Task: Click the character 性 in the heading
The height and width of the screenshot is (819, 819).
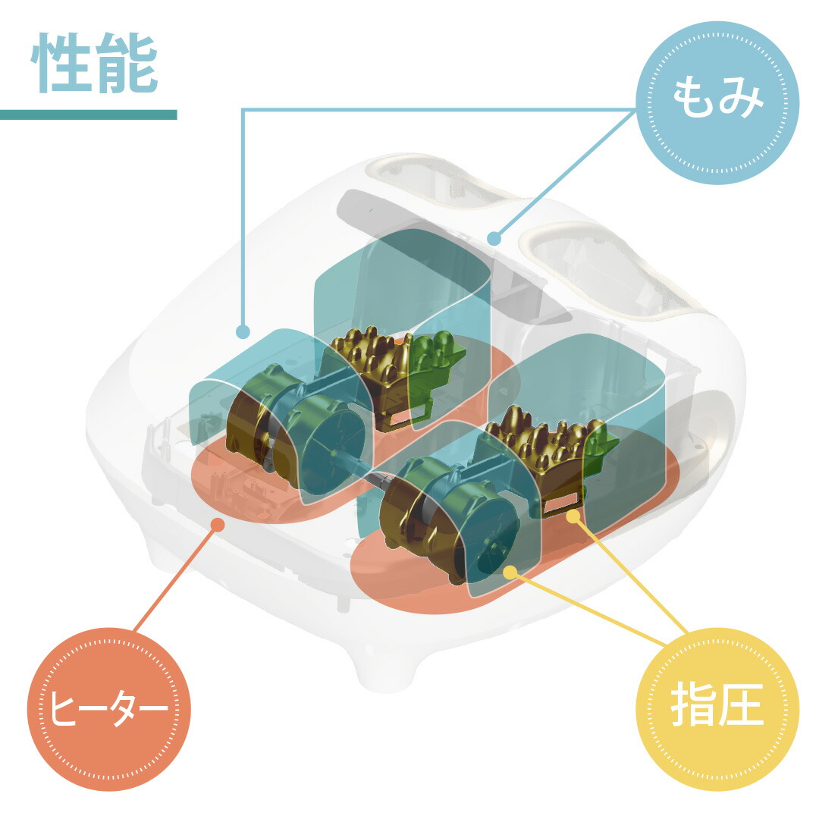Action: point(61,63)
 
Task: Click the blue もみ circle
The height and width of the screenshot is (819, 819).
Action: point(717,103)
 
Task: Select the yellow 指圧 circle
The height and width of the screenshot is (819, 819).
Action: point(717,709)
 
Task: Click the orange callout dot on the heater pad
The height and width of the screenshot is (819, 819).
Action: point(218,525)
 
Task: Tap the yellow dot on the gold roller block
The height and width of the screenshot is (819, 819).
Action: point(573,516)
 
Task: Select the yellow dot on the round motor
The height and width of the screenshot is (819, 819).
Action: point(510,572)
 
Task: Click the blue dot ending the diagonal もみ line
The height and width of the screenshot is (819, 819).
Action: point(494,239)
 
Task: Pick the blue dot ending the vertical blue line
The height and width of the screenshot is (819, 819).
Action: point(243,331)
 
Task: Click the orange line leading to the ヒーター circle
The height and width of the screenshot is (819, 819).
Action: point(175,579)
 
